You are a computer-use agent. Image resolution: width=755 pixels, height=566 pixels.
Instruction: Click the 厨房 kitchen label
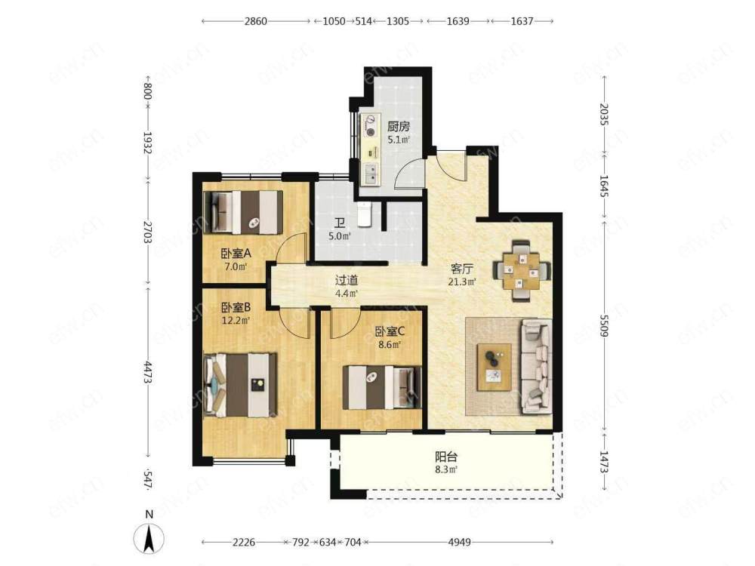click(398, 127)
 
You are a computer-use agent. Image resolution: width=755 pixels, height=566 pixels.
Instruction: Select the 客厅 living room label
click(462, 269)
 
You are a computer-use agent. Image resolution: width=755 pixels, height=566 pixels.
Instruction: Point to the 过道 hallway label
click(347, 280)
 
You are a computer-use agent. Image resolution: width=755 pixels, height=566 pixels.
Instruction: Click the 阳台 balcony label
click(446, 457)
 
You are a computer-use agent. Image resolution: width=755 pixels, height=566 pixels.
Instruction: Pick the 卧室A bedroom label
click(236, 253)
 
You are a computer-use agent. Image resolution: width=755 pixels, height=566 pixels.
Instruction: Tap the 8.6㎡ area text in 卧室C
click(390, 345)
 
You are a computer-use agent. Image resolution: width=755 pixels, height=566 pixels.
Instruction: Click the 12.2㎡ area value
click(236, 320)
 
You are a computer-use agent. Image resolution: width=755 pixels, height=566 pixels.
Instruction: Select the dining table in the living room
click(522, 271)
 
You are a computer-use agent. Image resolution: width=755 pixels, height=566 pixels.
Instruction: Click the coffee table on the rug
click(494, 367)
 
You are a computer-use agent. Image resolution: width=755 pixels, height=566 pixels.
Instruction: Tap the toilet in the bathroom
click(365, 214)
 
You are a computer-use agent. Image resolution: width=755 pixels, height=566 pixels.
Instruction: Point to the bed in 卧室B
click(240, 385)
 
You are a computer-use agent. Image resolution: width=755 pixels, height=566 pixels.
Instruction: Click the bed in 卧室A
click(244, 212)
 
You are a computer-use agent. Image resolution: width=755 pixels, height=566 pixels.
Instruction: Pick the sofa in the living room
click(536, 366)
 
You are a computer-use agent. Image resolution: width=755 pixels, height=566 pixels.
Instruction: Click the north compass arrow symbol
click(149, 538)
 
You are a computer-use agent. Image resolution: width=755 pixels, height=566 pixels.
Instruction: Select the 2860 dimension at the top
click(256, 21)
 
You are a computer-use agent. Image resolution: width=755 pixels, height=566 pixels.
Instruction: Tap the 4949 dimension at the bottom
click(459, 543)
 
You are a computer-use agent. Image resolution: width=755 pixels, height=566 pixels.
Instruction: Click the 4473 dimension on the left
click(147, 372)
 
